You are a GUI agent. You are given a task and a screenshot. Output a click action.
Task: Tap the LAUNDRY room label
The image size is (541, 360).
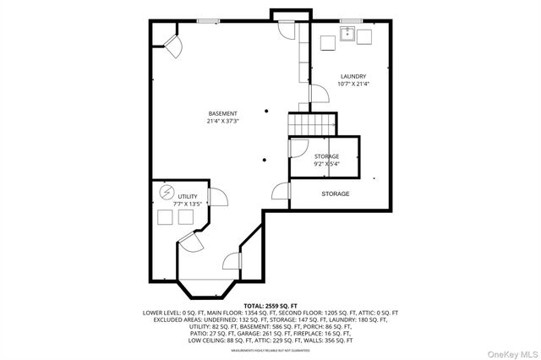352,76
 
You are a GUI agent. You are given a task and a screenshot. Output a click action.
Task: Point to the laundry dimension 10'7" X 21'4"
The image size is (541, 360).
352,84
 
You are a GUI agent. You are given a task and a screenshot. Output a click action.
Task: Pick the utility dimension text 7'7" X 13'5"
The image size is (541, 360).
187,204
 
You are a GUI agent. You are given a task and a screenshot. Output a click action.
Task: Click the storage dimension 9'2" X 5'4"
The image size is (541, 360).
326,164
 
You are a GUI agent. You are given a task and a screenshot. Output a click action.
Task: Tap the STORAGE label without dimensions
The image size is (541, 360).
335,194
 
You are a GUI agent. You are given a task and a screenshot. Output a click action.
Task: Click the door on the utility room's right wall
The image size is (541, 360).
218,197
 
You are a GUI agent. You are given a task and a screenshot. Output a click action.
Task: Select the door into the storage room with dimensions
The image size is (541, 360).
297,147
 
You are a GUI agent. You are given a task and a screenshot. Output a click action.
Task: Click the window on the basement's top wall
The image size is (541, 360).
208,21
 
